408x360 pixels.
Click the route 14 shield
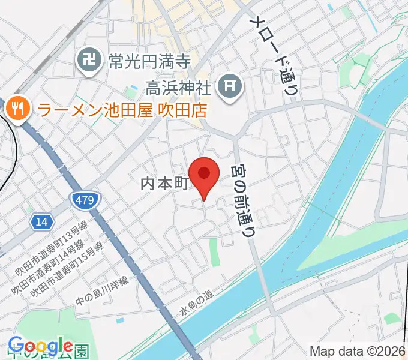pos(41,222)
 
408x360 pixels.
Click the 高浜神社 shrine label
pos(179,88)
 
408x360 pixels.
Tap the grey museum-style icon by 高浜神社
pos(230,87)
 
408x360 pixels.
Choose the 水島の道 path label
pos(196,303)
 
